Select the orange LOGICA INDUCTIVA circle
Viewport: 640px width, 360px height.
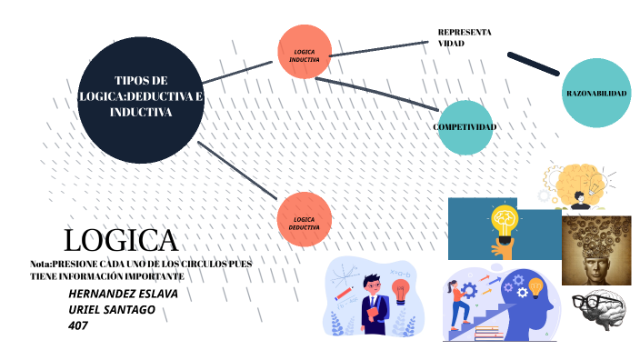point(304,52)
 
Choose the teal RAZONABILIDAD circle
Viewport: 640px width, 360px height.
point(596,94)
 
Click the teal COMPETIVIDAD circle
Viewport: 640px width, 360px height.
point(465,126)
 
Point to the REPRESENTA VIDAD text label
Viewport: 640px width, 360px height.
point(464,37)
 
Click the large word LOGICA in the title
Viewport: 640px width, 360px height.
point(121,240)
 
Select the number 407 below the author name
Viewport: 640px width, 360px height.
point(78,325)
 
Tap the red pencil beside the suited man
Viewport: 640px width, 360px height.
point(345,293)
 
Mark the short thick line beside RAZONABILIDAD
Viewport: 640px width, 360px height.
point(535,63)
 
